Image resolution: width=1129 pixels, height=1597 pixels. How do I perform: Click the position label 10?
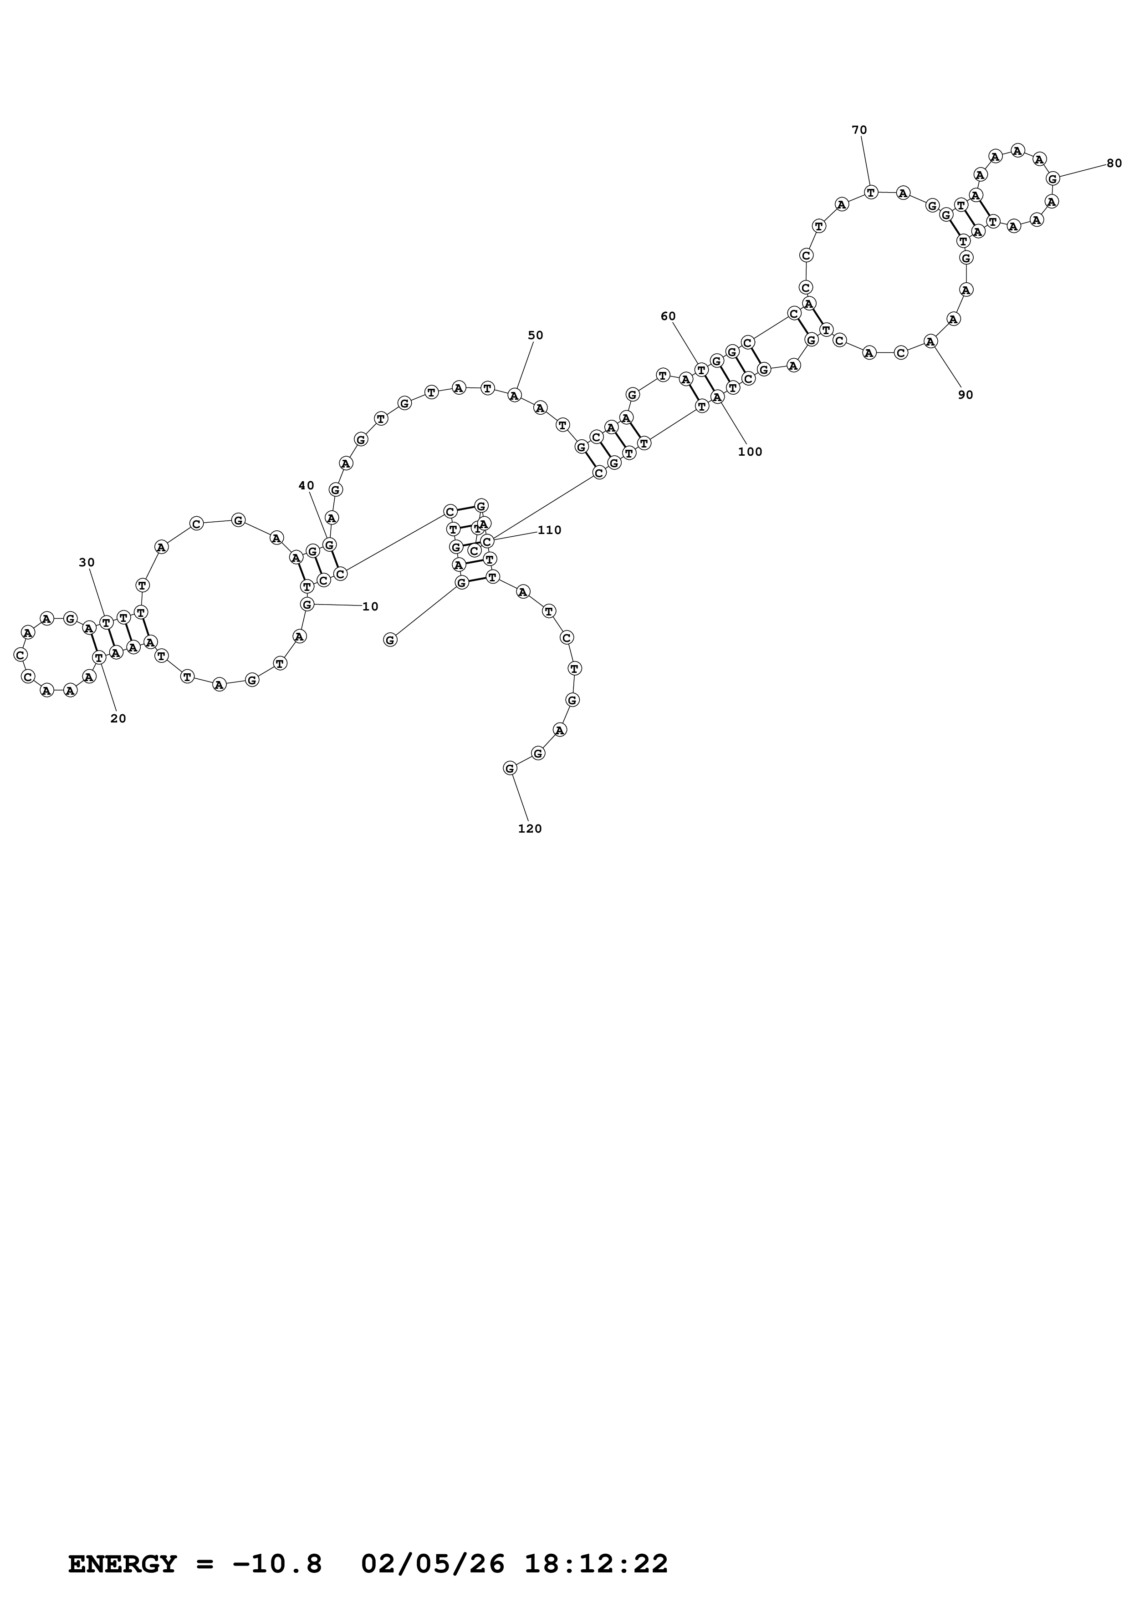coord(370,606)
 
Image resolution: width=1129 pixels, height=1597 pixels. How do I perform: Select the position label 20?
coord(118,718)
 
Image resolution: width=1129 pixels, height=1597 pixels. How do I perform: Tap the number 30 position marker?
coord(87,562)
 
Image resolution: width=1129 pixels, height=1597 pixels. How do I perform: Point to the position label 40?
coord(306,485)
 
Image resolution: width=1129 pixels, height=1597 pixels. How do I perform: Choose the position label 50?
coord(535,335)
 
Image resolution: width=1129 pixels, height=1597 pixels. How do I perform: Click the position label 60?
coord(668,316)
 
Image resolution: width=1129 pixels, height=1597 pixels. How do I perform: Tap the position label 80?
coord(1114,163)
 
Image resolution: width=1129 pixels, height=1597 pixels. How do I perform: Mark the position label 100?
coord(750,452)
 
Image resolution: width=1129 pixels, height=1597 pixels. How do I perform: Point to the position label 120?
coord(529,829)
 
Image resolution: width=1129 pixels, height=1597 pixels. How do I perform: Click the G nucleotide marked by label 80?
coord(1052,179)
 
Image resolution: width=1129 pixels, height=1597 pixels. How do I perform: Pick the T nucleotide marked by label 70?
coord(870,192)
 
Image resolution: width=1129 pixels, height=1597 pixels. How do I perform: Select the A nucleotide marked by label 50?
coord(514,396)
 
